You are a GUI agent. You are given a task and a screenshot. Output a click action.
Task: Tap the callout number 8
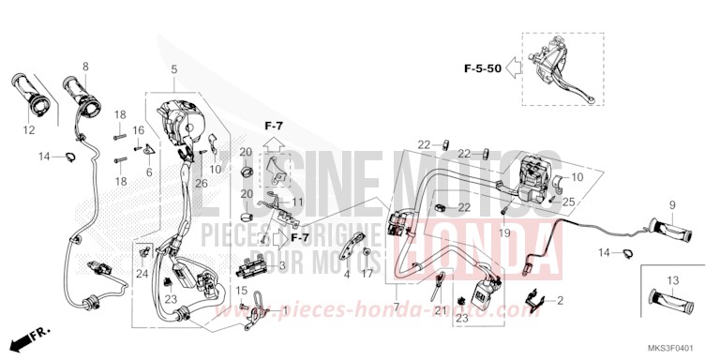click(x=85, y=67)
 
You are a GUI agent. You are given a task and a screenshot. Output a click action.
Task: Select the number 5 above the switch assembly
click(x=173, y=70)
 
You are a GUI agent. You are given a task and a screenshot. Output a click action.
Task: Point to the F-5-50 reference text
click(x=482, y=67)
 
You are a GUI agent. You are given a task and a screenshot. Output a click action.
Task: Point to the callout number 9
click(x=671, y=204)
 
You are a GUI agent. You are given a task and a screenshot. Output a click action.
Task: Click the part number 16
click(x=138, y=130)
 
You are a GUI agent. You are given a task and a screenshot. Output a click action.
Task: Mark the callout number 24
click(x=142, y=274)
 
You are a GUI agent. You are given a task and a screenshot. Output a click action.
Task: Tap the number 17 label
click(x=367, y=274)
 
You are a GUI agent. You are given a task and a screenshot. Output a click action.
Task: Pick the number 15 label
click(x=243, y=290)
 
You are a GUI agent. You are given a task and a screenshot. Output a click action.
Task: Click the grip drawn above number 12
click(x=32, y=95)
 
